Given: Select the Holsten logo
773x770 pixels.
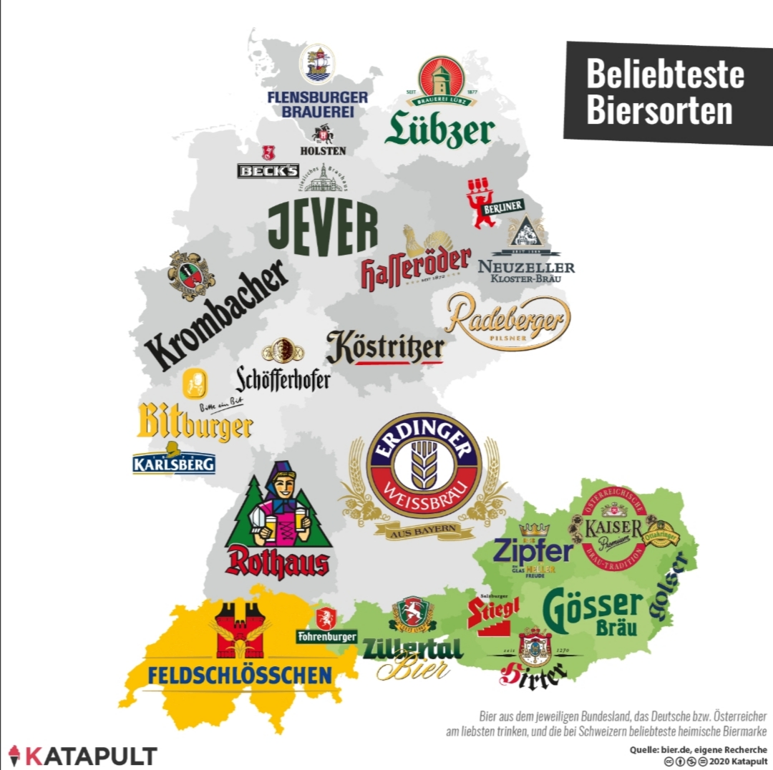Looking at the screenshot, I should pyautogui.click(x=323, y=140).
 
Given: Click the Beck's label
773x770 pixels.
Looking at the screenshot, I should pyautogui.click(x=268, y=170).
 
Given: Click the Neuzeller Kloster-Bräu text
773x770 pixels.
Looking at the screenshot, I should pyautogui.click(x=526, y=271).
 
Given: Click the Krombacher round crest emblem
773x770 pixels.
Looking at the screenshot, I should pyautogui.click(x=191, y=276).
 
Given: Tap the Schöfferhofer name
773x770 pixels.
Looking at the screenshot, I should pyautogui.click(x=283, y=378).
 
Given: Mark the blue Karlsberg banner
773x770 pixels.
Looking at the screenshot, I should pyautogui.click(x=174, y=463).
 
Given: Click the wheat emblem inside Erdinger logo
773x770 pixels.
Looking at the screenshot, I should pyautogui.click(x=424, y=464).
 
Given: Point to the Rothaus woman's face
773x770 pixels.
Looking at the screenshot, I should pyautogui.click(x=279, y=489).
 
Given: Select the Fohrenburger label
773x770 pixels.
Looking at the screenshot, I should pyautogui.click(x=327, y=635).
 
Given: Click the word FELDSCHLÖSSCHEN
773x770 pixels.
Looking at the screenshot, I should pyautogui.click(x=239, y=674).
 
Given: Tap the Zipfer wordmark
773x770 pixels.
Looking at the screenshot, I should pyautogui.click(x=533, y=552).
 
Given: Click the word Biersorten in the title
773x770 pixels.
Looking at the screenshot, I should pyautogui.click(x=659, y=111).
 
